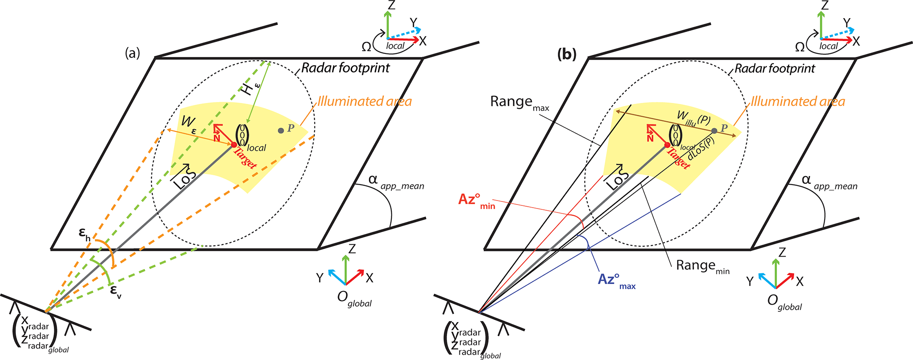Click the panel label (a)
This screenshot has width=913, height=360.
(x=133, y=53)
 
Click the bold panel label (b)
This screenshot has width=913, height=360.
(x=567, y=54)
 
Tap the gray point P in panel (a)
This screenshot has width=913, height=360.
(x=281, y=131)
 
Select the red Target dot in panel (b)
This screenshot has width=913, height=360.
(x=667, y=145)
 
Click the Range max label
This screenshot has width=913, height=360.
(x=519, y=103)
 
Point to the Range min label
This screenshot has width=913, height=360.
(x=702, y=266)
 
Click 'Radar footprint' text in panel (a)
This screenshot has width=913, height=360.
(x=345, y=68)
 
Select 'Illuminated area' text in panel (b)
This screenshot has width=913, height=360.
(x=798, y=102)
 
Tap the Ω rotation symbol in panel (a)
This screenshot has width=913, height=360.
(x=366, y=47)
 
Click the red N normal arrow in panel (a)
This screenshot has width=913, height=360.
(x=218, y=132)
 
